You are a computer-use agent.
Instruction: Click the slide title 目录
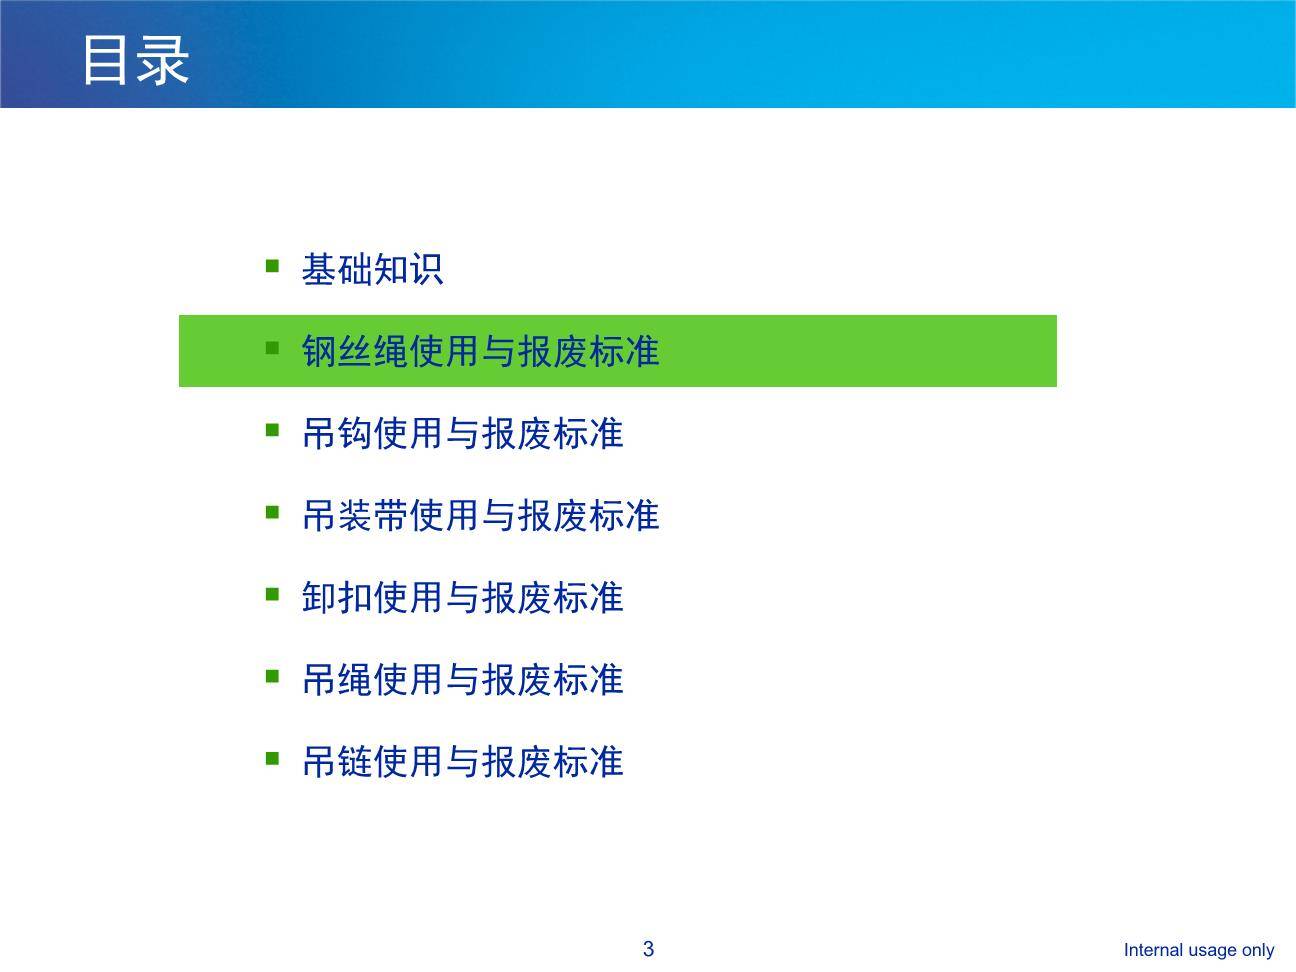click(x=135, y=60)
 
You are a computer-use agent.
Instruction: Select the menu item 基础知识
click(x=372, y=270)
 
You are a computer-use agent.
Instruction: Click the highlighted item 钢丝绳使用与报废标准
click(x=480, y=352)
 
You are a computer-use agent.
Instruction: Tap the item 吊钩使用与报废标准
click(x=462, y=434)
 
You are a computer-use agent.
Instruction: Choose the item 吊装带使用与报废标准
click(x=480, y=516)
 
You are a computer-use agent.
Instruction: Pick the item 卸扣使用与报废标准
click(x=462, y=598)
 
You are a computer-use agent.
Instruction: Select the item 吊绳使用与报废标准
click(x=462, y=680)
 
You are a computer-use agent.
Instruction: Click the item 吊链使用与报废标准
click(x=462, y=762)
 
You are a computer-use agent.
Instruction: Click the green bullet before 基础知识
click(x=272, y=266)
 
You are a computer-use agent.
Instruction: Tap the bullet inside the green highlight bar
click(x=272, y=348)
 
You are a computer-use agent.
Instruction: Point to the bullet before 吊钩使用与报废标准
click(x=272, y=430)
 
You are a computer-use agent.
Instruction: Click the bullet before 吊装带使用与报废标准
click(x=272, y=512)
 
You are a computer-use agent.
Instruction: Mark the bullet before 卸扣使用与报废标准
click(x=272, y=594)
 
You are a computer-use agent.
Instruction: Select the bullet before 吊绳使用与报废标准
click(x=272, y=676)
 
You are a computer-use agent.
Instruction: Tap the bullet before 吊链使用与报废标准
click(x=272, y=758)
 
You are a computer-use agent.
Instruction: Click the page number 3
click(x=648, y=949)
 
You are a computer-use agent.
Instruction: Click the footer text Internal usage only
click(x=1198, y=950)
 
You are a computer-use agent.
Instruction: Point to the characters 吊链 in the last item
click(x=337, y=762)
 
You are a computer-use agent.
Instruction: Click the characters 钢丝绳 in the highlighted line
click(x=355, y=352)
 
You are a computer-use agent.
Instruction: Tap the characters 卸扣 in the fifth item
click(x=337, y=598)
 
